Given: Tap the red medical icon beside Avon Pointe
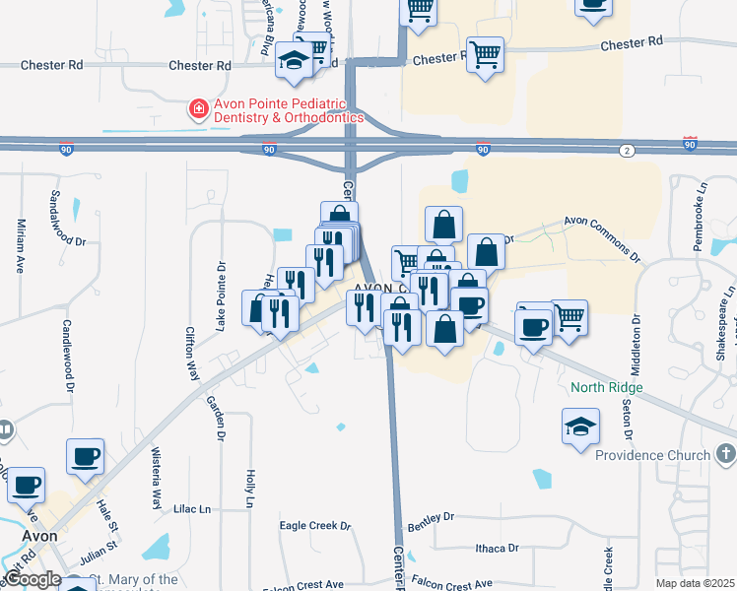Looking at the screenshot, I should point(199,108).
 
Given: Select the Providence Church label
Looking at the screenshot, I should point(652,455).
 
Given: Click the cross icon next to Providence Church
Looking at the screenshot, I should point(726,454).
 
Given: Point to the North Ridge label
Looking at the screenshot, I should point(607,387).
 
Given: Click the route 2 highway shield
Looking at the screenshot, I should point(627,150).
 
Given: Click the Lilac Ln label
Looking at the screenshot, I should point(193,509).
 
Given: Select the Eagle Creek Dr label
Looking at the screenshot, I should point(315,526).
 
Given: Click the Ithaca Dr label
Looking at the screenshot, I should point(497,548).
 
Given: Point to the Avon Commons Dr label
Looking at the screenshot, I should point(602,237).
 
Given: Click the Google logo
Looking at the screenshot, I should point(32,579).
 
